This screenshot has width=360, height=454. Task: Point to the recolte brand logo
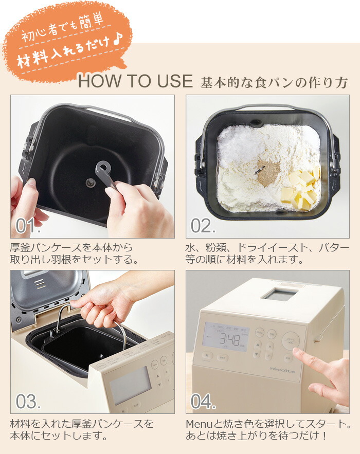pyautogui.click(x=282, y=369)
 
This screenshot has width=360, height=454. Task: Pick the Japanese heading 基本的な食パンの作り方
pyautogui.click(x=275, y=82)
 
